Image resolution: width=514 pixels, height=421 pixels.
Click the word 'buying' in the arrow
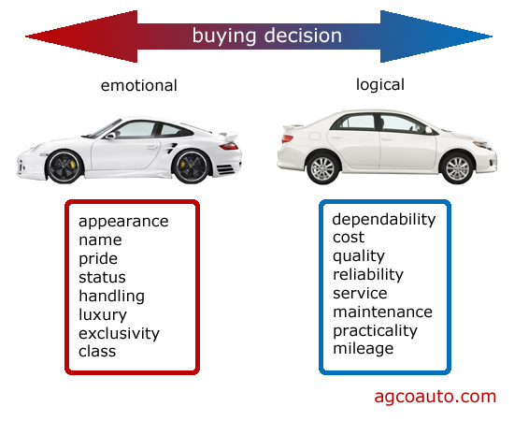tap(223, 36)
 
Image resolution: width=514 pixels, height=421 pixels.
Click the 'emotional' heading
tap(138, 85)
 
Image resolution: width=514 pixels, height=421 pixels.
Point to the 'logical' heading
tap(380, 85)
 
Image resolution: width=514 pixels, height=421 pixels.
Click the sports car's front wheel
tap(64, 167)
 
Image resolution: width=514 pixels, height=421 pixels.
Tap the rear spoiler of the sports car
tap(230, 136)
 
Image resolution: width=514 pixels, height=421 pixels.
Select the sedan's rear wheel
tap(322, 168)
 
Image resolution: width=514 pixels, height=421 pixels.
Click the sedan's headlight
tap(483, 145)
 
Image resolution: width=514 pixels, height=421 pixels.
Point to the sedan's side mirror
tap(428, 130)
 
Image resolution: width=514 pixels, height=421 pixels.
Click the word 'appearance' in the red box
tap(123, 222)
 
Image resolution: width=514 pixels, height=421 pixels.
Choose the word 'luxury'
tap(103, 315)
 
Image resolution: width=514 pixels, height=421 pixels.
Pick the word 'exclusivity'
tap(119, 334)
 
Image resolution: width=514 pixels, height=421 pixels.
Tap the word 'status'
tap(102, 278)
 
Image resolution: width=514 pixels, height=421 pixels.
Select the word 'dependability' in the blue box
tap(384, 220)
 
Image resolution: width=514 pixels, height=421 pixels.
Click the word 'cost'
tap(349, 238)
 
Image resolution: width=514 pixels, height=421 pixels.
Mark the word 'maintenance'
tap(382, 312)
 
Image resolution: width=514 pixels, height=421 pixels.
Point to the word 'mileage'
tap(364, 348)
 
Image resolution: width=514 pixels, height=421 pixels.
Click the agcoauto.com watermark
tap(435, 397)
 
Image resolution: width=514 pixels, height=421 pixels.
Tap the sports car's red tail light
tap(229, 146)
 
